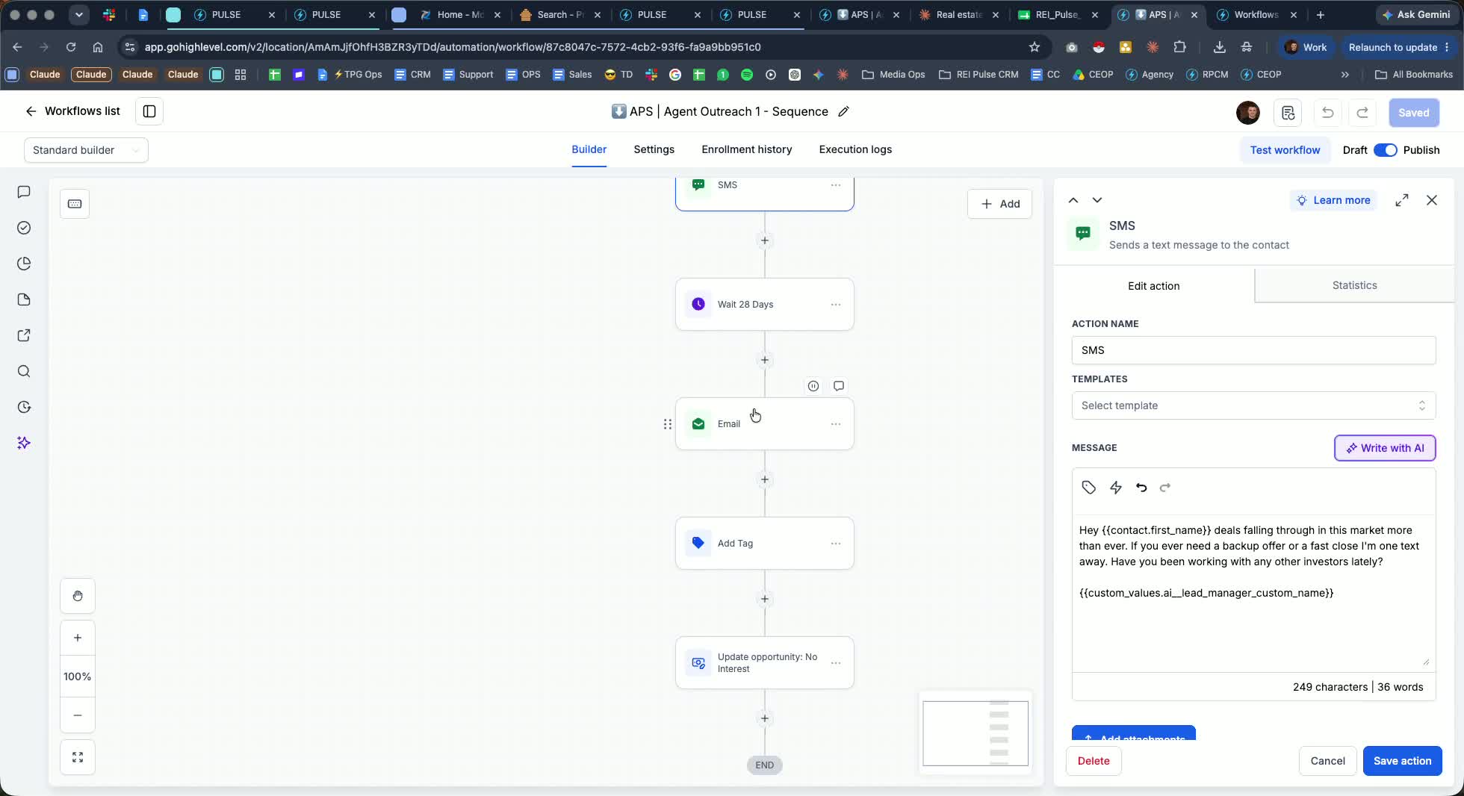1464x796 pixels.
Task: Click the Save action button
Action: coord(1402,761)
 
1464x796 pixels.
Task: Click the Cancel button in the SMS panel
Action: coord(1327,761)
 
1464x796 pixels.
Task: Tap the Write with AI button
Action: coord(1385,448)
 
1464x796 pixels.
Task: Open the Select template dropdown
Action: coord(1253,405)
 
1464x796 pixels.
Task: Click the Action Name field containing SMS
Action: coord(1253,350)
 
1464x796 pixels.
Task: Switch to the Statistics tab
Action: coord(1354,285)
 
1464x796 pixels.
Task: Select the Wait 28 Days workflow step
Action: coord(764,305)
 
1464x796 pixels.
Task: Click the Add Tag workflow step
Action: coord(764,544)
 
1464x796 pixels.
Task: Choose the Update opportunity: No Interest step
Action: coord(764,663)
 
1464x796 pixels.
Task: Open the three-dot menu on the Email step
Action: coord(836,424)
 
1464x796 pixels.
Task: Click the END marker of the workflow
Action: coord(764,765)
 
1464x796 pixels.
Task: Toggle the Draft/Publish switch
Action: coord(1385,150)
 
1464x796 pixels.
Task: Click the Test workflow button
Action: coord(1285,150)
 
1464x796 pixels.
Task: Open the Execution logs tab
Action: coord(855,149)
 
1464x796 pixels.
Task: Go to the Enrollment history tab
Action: coord(746,149)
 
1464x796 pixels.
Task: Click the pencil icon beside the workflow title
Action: coord(843,111)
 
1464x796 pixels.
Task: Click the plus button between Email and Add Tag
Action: coord(764,479)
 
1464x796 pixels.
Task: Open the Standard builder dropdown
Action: coord(86,150)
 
